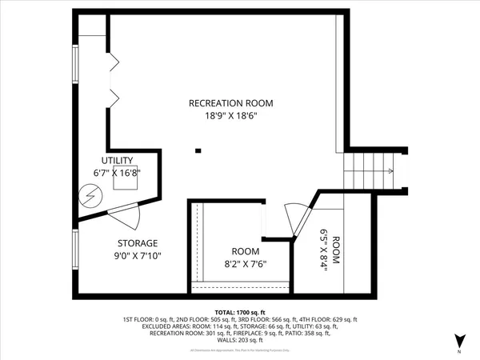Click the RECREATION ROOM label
231,103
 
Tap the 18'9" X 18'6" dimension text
231,115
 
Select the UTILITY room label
117,161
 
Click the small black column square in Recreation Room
199,150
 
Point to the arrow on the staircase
389,171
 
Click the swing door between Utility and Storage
126,214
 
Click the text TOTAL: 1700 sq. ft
240,311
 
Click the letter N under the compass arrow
459,352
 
